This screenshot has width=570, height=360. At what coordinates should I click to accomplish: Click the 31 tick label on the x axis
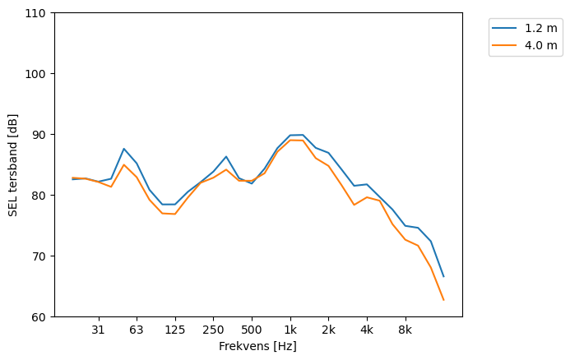coord(98,330)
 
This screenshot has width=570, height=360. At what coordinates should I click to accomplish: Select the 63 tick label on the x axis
coord(137,330)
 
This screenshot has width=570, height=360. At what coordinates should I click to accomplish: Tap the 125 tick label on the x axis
coord(174,330)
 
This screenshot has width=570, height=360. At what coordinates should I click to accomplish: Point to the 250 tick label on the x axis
coord(213,330)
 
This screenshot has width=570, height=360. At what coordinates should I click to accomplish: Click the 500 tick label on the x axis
coord(252,330)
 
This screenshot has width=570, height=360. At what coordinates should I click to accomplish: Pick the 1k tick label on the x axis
coord(290,330)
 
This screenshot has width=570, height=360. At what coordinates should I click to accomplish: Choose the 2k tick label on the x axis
coord(328,330)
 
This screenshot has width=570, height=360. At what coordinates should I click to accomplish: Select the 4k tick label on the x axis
coord(367,330)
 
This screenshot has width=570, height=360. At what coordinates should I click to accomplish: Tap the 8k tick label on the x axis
coord(405,330)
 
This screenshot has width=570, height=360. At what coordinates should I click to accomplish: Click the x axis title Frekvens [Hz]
coord(257,346)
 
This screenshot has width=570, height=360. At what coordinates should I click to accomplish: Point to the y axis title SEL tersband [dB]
coord(12,164)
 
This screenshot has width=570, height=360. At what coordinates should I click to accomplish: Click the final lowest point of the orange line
coord(443,300)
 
